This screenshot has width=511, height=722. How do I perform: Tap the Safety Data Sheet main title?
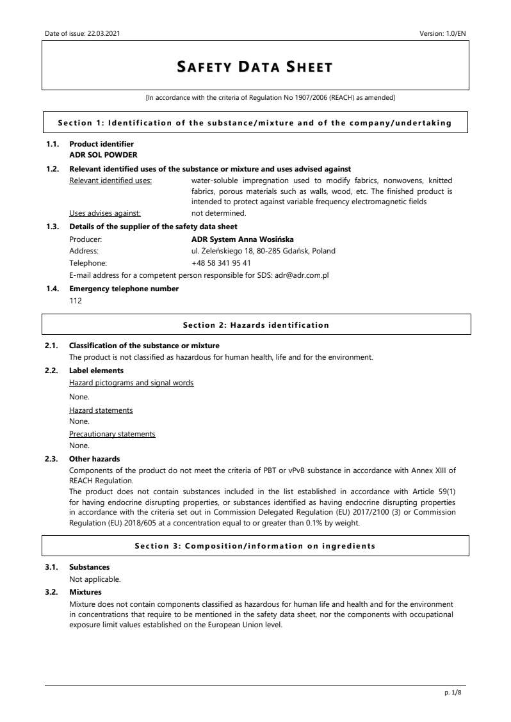click(255, 67)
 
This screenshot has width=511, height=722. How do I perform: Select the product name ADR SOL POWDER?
click(103, 154)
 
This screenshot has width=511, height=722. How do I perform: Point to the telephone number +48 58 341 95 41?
click(221, 262)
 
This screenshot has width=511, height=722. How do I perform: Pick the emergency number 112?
click(76, 301)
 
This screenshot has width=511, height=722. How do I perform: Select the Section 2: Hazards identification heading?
click(255, 325)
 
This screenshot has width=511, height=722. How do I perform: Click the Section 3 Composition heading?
click(255, 546)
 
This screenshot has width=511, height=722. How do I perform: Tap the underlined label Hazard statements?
click(101, 410)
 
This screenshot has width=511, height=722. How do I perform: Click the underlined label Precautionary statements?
click(112, 434)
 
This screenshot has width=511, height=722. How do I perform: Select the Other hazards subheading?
click(95, 459)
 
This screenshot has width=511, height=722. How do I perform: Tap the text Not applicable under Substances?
click(95, 579)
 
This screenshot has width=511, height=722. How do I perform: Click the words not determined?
click(219, 214)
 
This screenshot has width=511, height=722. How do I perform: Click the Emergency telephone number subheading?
click(124, 289)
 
